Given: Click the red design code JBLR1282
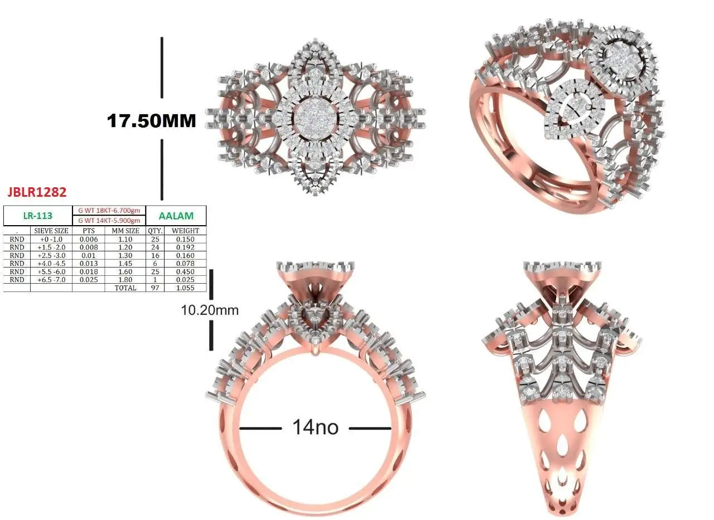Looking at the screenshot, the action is pyautogui.click(x=37, y=192).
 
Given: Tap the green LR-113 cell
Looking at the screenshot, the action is pyautogui.click(x=37, y=216).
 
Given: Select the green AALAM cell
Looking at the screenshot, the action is pyautogui.click(x=176, y=216).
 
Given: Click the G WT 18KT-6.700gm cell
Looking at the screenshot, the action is pyautogui.click(x=109, y=211).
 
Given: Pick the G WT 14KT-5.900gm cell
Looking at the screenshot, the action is pyautogui.click(x=109, y=221).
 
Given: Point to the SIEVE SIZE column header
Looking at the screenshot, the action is pyautogui.click(x=51, y=231).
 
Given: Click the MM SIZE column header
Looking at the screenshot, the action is pyautogui.click(x=126, y=231).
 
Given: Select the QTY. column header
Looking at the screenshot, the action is pyautogui.click(x=155, y=231).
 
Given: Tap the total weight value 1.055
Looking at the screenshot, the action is pyautogui.click(x=185, y=288).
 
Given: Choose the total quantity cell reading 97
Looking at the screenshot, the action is pyautogui.click(x=155, y=288).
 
